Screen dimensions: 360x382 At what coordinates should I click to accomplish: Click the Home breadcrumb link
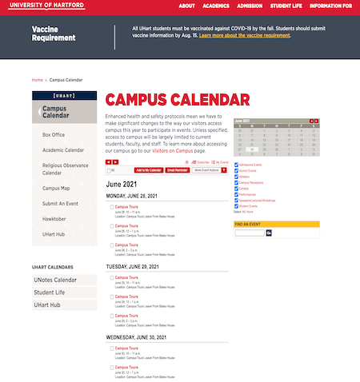coord(37,80)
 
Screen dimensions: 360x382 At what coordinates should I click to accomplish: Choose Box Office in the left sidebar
coord(54,135)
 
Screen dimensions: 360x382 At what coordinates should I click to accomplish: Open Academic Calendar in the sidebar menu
coord(63,149)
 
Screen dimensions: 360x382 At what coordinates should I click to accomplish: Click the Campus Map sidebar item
coord(56,189)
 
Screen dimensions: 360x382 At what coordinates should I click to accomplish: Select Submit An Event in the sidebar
coord(61,204)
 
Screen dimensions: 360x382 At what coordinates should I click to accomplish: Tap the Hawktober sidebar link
coord(54,219)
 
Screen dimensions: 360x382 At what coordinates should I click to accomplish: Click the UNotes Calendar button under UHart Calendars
coord(55,280)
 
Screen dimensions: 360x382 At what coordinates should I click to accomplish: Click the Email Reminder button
coord(178,170)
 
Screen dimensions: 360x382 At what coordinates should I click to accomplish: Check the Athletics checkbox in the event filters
coord(236,176)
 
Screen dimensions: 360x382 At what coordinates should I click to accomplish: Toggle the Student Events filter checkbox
coord(236,205)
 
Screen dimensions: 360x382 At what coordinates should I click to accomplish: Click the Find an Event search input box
coord(249,233)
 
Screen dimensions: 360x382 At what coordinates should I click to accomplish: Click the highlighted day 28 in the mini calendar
coord(252,149)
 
